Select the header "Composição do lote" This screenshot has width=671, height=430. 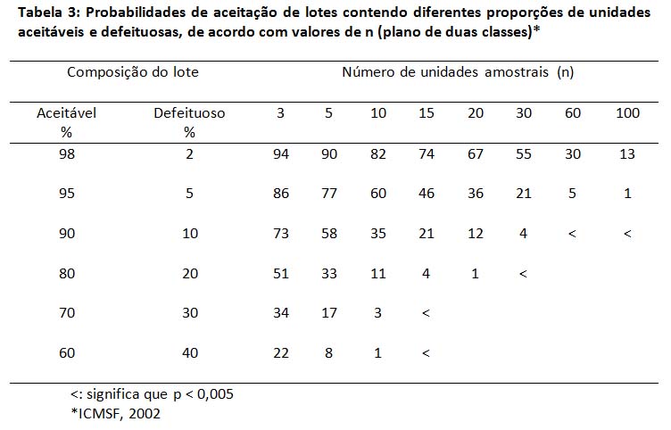133,71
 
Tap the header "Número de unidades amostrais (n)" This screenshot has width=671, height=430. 457,71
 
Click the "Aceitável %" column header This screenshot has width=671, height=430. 65,122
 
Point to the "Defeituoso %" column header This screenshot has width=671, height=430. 189,122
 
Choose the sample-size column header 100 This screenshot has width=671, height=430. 628,113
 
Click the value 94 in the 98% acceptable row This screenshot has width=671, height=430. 281,154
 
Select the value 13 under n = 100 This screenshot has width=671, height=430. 628,154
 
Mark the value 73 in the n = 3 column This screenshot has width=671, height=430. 281,234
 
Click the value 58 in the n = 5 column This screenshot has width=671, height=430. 329,234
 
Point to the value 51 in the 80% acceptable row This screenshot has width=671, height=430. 281,274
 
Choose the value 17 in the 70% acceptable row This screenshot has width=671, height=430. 329,313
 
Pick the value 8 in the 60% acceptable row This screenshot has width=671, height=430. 329,353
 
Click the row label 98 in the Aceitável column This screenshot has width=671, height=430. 65,154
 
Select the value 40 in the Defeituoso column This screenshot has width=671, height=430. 189,353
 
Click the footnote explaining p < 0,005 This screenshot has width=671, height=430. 152,393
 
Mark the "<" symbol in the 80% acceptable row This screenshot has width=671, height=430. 523,274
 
